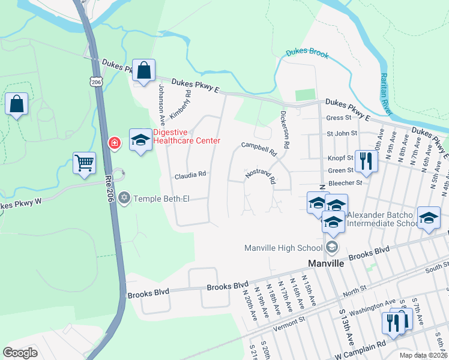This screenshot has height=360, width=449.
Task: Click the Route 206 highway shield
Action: (x=97, y=81)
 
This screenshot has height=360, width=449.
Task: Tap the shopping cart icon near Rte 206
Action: (x=84, y=163)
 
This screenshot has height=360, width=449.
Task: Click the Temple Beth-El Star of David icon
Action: (x=125, y=197)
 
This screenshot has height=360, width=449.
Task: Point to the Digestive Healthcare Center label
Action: (x=186, y=137)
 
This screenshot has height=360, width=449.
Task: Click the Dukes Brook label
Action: (x=307, y=53)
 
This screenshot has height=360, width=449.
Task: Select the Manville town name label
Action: (x=325, y=263)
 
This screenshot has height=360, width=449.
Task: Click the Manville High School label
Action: (x=284, y=248)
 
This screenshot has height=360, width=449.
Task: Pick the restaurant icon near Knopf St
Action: (x=364, y=161)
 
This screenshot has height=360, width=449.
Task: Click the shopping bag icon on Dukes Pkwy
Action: (x=144, y=70)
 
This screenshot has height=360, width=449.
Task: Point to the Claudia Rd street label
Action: (x=190, y=175)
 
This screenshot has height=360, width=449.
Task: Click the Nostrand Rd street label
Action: (x=260, y=176)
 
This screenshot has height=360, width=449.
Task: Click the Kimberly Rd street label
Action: (x=179, y=104)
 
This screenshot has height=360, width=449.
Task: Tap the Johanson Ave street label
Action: (x=161, y=100)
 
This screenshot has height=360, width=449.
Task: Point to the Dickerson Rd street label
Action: (x=286, y=130)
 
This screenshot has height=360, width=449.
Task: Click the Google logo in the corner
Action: (x=20, y=352)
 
